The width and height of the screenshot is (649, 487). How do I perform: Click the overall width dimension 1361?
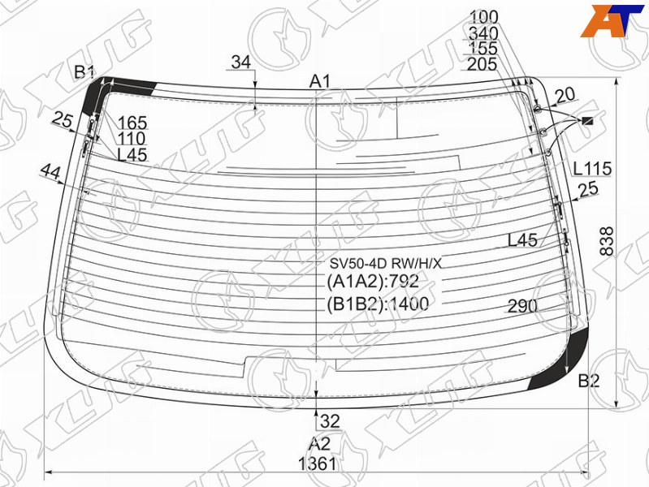point(318,463)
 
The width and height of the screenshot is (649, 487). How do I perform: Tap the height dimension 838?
point(607,241)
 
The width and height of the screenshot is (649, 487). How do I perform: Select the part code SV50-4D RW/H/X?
point(385,263)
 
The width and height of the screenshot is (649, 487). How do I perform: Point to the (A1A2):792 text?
point(373,282)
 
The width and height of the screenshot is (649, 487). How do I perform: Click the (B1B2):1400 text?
point(378,304)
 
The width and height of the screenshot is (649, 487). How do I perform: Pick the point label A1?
point(320,81)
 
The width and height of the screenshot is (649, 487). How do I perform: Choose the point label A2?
point(319,444)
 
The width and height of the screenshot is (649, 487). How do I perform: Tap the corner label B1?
point(84,72)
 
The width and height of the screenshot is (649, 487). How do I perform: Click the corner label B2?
point(589,381)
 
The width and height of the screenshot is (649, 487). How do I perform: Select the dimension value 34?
point(241,62)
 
